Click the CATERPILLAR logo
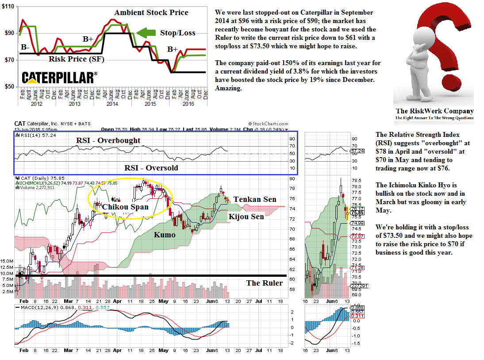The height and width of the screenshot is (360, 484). pyautogui.click(x=60, y=78)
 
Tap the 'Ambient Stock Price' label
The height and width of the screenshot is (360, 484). pyautogui.click(x=151, y=12)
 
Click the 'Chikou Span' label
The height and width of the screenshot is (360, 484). pyautogui.click(x=125, y=206)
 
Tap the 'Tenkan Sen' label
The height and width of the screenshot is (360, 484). pyautogui.click(x=255, y=199)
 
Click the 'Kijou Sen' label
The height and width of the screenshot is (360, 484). pyautogui.click(x=246, y=216)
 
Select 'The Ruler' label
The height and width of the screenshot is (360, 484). pyautogui.click(x=264, y=283)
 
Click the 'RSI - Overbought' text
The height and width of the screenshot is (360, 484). pyautogui.click(x=108, y=140)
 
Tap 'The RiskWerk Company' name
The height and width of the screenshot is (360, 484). pyautogui.click(x=434, y=111)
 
